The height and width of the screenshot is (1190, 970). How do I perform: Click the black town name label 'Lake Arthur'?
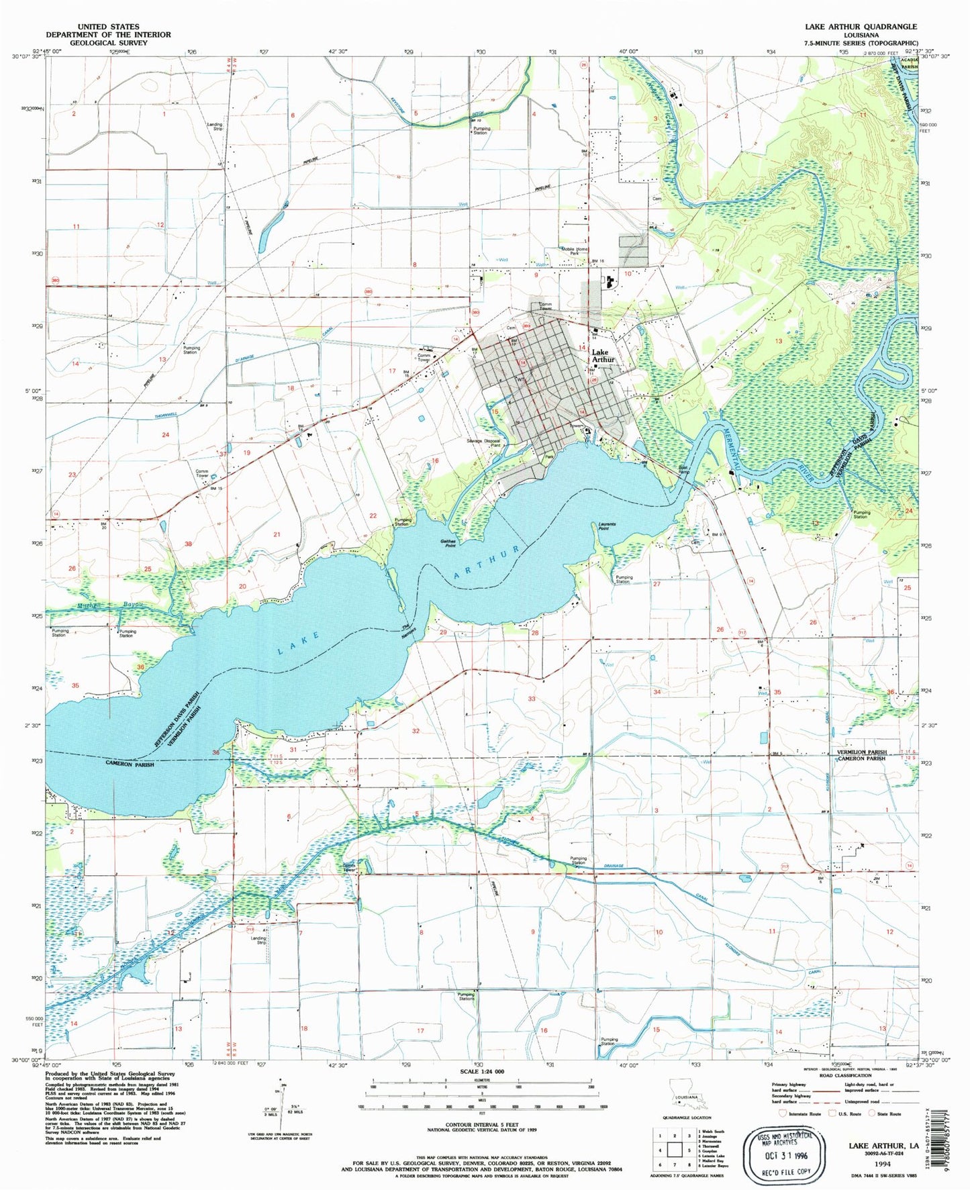[603, 356]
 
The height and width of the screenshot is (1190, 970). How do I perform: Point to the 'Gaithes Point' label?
[449, 544]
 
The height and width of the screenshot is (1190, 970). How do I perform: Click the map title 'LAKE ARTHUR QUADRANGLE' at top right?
[861, 26]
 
